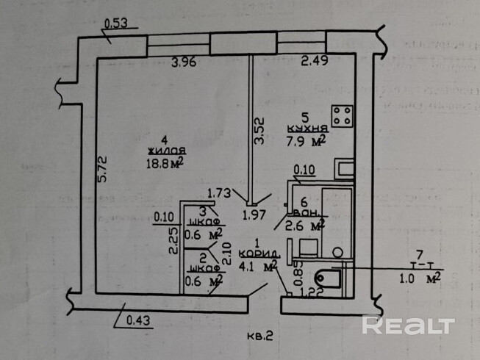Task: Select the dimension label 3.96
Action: click(184, 62)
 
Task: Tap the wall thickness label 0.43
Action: click(137, 320)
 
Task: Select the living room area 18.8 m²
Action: click(165, 162)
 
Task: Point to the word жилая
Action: click(161, 150)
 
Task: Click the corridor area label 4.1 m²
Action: click(257, 266)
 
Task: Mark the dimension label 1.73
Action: click(219, 193)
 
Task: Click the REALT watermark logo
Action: click(409, 324)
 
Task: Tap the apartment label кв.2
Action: click(259, 336)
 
